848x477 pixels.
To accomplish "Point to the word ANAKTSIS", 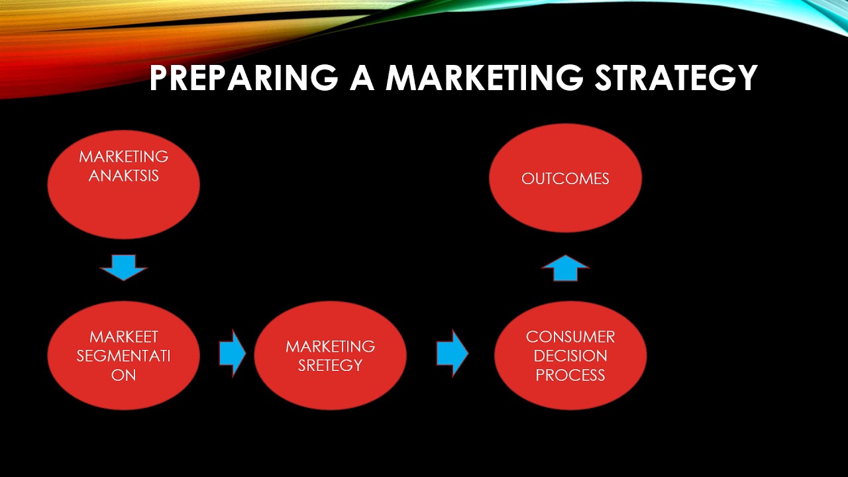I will point(123,176).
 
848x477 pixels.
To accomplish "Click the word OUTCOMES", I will point(565,179).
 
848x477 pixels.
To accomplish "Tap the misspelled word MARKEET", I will point(123,337).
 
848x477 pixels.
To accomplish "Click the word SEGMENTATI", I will point(123,356).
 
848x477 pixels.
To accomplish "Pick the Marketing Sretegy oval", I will point(330,391).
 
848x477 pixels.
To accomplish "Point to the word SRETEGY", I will point(330,365).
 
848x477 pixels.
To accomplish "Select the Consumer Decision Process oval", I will point(570,394).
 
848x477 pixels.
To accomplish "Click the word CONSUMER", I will point(570,337).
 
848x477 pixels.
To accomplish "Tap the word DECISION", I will point(570,356).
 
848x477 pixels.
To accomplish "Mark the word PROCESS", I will point(570,375).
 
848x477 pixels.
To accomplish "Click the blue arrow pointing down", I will point(123,267).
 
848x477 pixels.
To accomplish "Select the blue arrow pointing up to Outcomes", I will point(565,268).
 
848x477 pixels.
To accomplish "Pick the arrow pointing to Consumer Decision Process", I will point(452,354).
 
